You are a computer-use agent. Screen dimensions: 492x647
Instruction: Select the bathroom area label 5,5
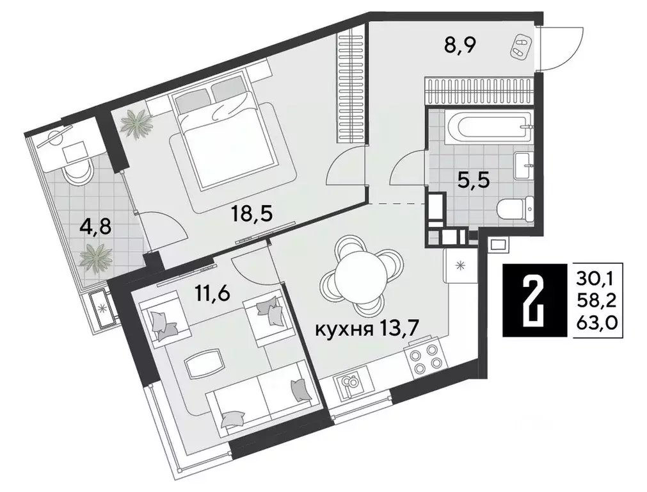point(475,181)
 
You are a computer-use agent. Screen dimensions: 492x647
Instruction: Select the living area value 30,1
point(600,279)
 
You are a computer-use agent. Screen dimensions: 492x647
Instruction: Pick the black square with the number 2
point(534,300)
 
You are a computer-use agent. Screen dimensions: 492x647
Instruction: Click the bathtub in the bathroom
point(487,128)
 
